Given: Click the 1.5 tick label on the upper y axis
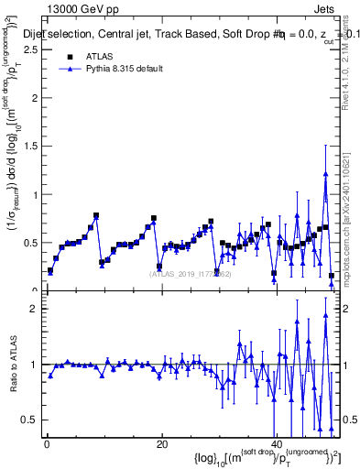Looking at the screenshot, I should pos(30,147).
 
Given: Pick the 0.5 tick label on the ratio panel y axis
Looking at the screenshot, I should pos(30,420).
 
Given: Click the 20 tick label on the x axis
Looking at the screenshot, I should pos(161,444).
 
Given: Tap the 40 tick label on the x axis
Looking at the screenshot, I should pos(277,444).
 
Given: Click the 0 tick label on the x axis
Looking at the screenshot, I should pos(46,444).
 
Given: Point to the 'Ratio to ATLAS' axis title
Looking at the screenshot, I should pos(12,364).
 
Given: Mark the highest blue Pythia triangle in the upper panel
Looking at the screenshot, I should pos(325,173).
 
